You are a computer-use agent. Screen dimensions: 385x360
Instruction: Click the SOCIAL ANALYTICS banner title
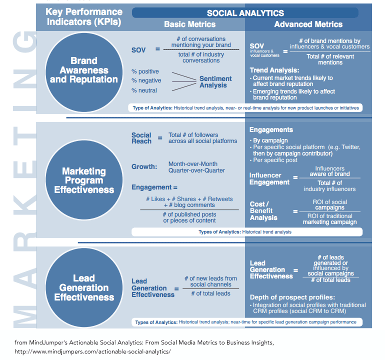click(x=245, y=13)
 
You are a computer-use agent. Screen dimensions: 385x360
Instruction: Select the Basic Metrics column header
click(x=190, y=24)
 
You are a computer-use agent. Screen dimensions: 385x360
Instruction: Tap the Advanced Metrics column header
click(x=308, y=24)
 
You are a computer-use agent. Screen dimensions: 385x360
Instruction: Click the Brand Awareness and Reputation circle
click(x=84, y=72)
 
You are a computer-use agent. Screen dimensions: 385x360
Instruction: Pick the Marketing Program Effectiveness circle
click(x=84, y=180)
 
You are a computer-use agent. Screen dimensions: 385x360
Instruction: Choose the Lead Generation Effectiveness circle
click(x=84, y=287)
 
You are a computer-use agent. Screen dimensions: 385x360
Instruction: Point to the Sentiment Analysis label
click(x=215, y=82)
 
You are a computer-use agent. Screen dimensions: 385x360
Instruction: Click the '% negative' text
click(x=146, y=80)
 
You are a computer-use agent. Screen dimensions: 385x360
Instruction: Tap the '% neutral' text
click(x=144, y=90)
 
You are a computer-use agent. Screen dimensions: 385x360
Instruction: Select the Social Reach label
click(x=141, y=138)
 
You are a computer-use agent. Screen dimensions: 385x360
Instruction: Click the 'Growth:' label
click(x=144, y=166)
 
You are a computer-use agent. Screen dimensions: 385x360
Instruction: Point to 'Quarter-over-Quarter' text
click(x=196, y=170)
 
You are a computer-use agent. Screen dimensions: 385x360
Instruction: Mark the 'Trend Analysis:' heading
click(x=274, y=70)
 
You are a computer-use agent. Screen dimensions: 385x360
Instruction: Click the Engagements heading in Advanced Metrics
click(x=271, y=130)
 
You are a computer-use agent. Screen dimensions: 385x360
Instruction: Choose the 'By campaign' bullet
click(x=269, y=140)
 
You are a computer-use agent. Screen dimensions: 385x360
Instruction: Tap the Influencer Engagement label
click(x=269, y=179)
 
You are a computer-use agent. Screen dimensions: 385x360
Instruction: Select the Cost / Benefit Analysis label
click(x=263, y=211)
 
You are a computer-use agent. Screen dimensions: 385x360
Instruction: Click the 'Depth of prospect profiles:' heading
click(x=292, y=297)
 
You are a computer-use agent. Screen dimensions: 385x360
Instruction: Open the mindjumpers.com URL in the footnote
click(x=92, y=351)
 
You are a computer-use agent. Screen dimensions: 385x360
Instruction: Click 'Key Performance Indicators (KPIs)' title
click(x=84, y=17)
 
